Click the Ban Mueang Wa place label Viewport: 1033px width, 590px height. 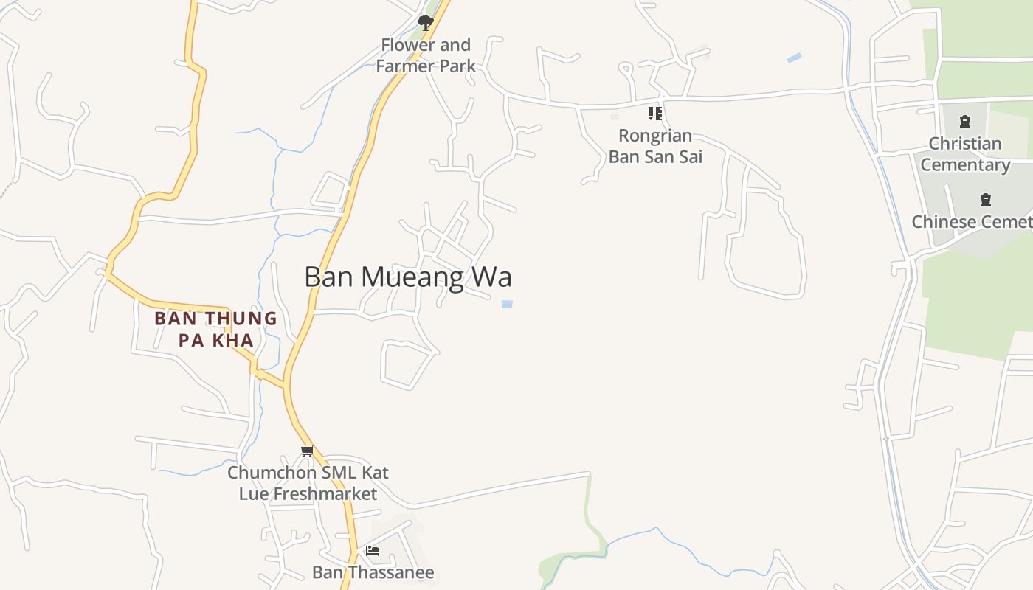pyautogui.click(x=408, y=277)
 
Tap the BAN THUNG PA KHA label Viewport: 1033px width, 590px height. pyautogui.click(x=215, y=330)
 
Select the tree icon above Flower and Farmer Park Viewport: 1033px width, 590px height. pyautogui.click(x=425, y=22)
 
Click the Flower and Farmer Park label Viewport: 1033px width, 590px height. pyautogui.click(x=426, y=55)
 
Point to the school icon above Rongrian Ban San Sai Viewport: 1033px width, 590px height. pyautogui.click(x=655, y=114)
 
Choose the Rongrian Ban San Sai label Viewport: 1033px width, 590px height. pyautogui.click(x=655, y=146)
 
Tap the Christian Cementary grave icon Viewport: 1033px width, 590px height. pyautogui.click(x=965, y=122)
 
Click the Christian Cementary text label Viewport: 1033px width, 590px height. pyautogui.click(x=965, y=154)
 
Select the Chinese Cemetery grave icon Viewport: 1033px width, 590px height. pyautogui.click(x=985, y=200)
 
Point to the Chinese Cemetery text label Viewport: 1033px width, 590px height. pyautogui.click(x=972, y=222)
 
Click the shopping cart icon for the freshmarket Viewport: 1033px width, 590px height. pyautogui.click(x=307, y=451)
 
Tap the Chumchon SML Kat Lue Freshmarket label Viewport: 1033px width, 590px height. pyautogui.click(x=308, y=483)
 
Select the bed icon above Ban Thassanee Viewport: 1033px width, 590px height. pyautogui.click(x=373, y=550)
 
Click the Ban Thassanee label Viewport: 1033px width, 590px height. pyautogui.click(x=373, y=572)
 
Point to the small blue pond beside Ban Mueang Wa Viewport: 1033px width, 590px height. pyautogui.click(x=507, y=304)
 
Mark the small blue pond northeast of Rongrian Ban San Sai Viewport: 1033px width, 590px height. pyautogui.click(x=794, y=58)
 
